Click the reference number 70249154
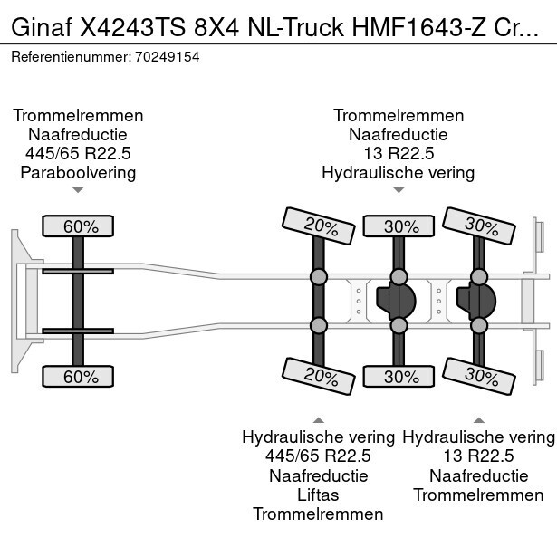[x=168, y=57]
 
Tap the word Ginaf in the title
[x=42, y=27]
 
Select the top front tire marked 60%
[x=78, y=226]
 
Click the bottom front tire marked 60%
[x=78, y=376]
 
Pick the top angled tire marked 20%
[x=319, y=226]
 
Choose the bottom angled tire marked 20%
[x=319, y=377]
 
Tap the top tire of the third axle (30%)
[x=399, y=226]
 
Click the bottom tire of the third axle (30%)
[x=399, y=376]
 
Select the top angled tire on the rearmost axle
[x=479, y=226]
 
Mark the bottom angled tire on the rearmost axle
[x=479, y=377]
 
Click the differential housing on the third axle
[x=396, y=301]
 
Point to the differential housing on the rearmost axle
[x=476, y=301]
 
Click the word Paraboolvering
[x=78, y=173]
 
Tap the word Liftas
[x=318, y=495]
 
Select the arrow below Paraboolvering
[x=78, y=190]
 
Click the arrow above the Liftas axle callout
[x=319, y=420]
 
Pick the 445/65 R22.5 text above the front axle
[x=78, y=153]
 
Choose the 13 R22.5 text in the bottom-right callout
[x=478, y=456]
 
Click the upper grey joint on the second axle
[x=319, y=277]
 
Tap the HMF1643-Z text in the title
[x=418, y=27]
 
